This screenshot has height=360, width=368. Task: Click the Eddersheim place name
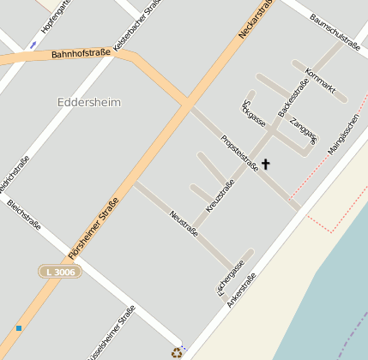click(x=88, y=102)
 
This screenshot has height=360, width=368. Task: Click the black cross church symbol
click(x=265, y=163)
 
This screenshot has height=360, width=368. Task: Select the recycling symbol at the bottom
click(x=177, y=351)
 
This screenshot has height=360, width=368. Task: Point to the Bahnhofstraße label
click(x=81, y=53)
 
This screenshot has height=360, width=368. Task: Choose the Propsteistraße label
click(x=239, y=153)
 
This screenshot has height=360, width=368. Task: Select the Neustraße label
click(x=184, y=223)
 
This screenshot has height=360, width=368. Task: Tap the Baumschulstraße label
click(x=334, y=31)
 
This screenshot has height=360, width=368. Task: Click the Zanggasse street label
click(x=303, y=129)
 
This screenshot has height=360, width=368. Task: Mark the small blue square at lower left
click(x=18, y=327)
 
